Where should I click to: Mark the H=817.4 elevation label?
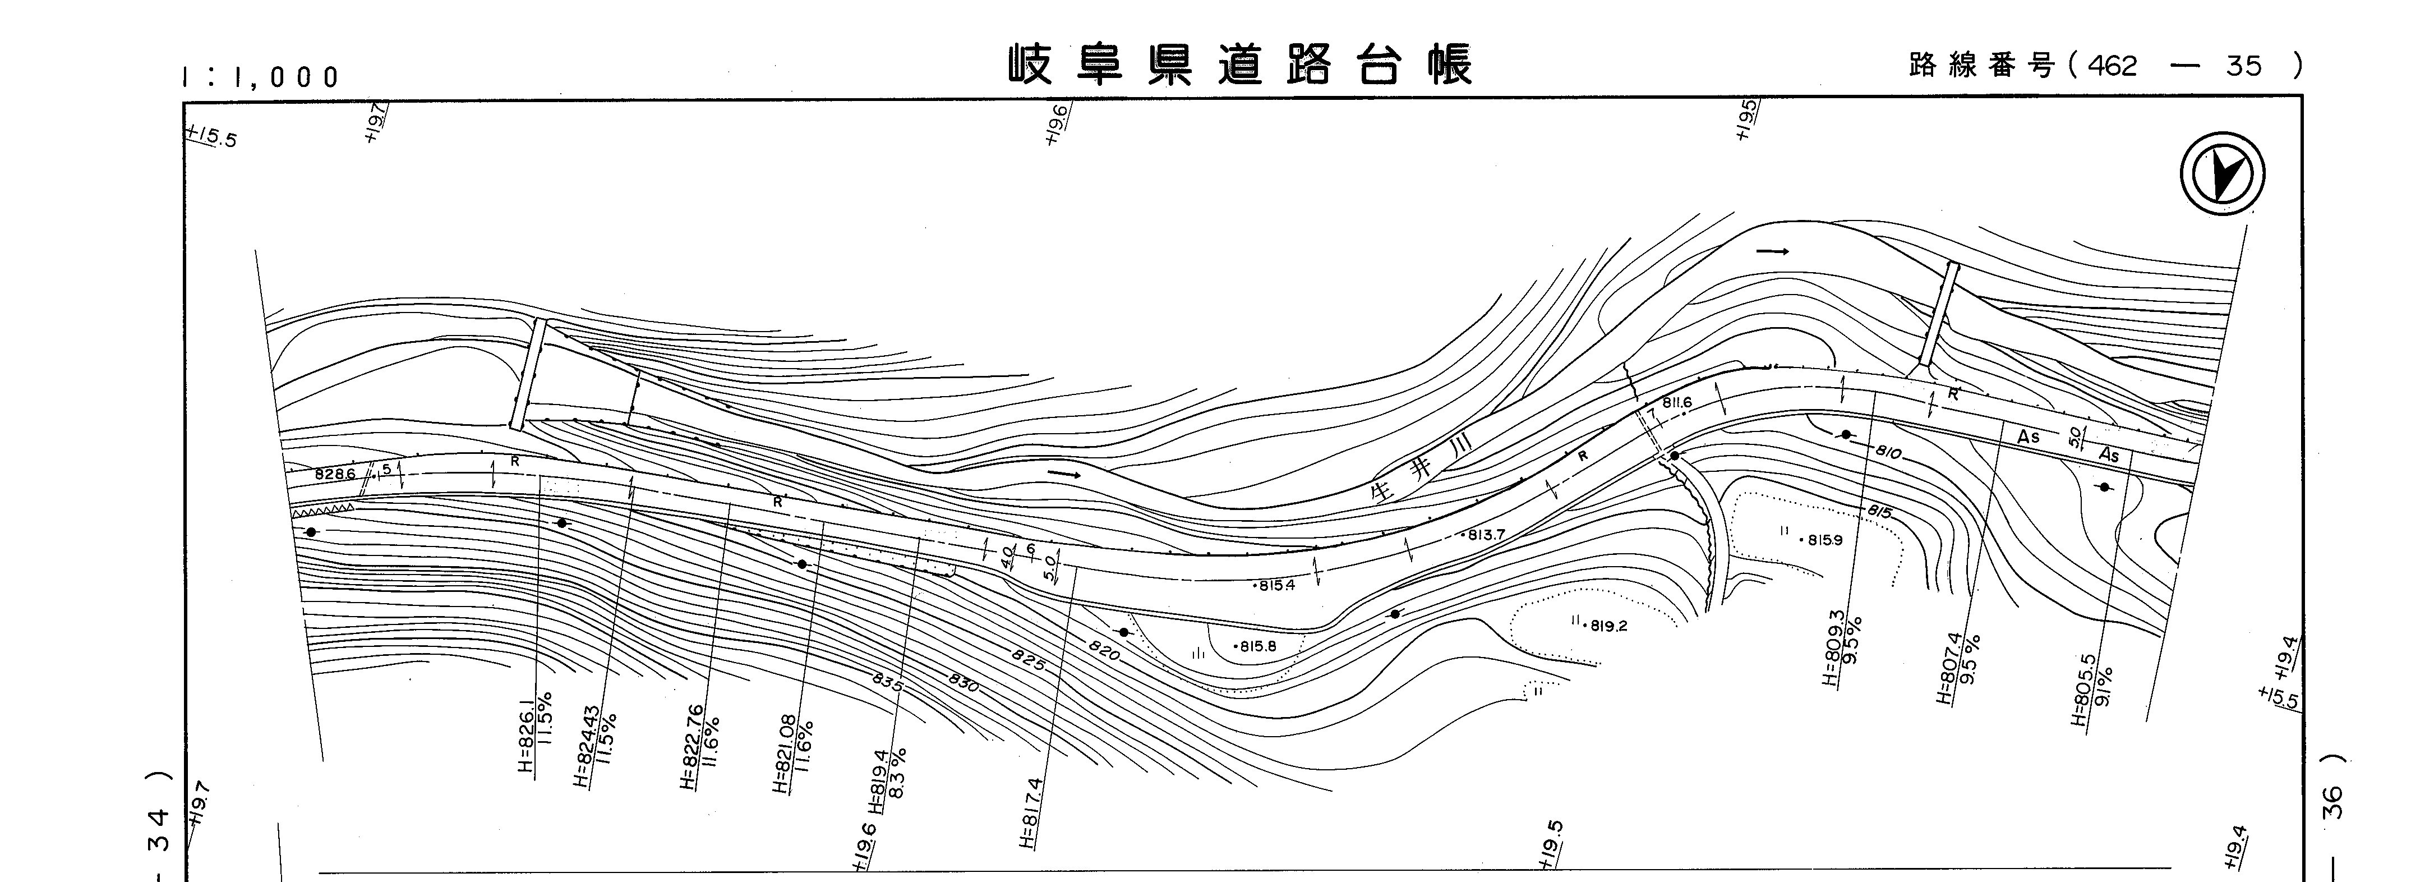(x=1030, y=813)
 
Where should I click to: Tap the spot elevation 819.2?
(x=1606, y=626)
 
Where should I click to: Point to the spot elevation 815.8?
(x=1257, y=646)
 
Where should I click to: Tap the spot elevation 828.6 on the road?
(x=335, y=475)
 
